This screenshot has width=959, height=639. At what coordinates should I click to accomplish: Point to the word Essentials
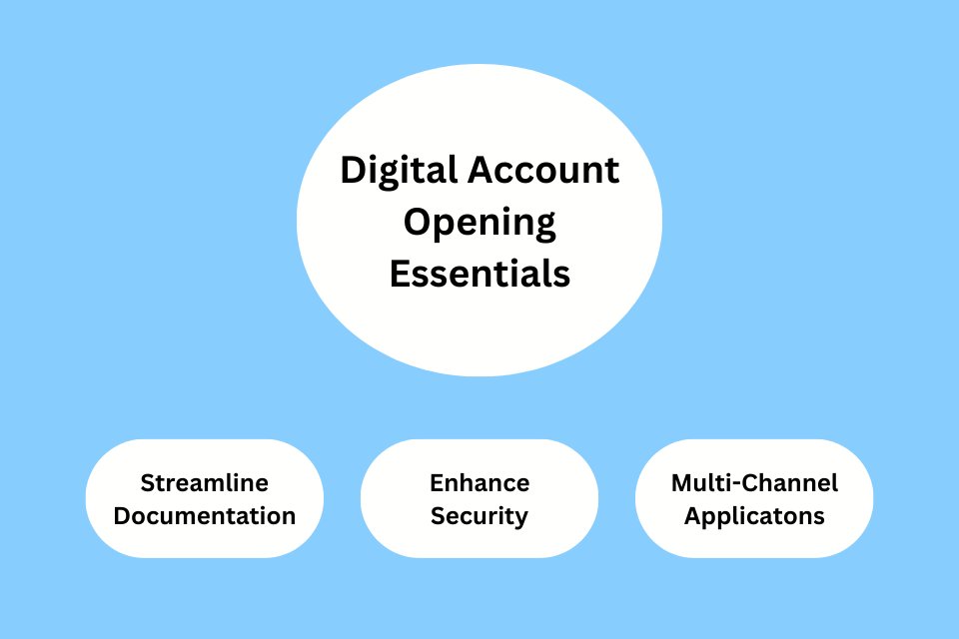pos(479,273)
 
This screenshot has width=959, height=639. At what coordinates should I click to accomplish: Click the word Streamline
pos(205,483)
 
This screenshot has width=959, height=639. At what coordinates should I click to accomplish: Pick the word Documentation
pos(205,516)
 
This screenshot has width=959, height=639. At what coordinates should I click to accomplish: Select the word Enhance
pos(479,483)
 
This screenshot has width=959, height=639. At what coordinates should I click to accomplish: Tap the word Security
pos(479,516)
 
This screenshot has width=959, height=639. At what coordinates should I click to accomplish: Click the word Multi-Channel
pos(754,483)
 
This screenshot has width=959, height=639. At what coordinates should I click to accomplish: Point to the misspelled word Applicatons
pos(754,516)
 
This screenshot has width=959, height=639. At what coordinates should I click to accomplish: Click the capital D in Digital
pos(352,171)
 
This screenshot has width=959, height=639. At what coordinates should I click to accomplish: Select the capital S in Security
pos(438,516)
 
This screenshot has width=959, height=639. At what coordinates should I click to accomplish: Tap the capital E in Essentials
pos(399,273)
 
